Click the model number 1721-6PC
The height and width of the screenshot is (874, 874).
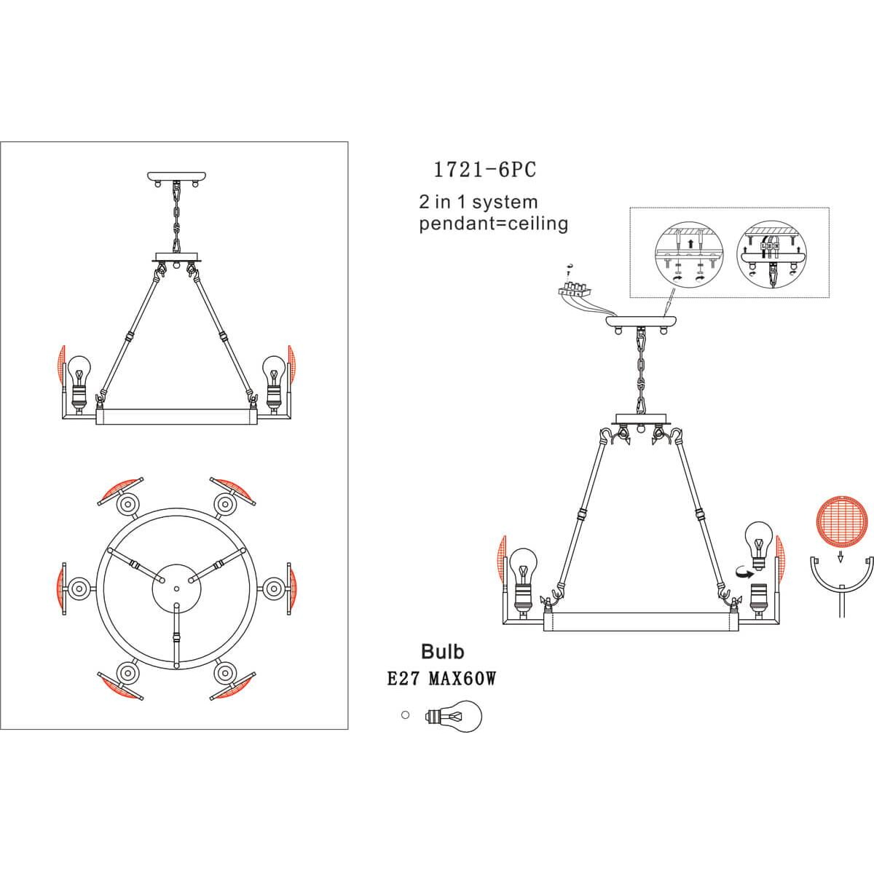(485, 170)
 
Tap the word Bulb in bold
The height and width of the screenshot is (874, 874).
(443, 652)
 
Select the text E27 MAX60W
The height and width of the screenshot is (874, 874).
(442, 679)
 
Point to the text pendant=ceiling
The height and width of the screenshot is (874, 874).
(494, 224)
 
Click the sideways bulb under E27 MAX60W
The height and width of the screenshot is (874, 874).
(453, 717)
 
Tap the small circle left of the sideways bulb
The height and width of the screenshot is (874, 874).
(406, 714)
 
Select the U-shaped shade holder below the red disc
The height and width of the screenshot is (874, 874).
(842, 585)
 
